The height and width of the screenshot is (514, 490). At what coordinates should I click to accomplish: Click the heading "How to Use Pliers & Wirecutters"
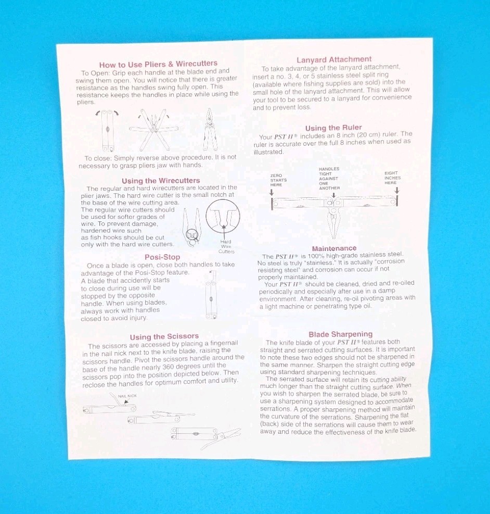[x=159, y=64]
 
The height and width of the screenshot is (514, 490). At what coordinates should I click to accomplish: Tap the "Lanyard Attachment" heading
[x=334, y=60]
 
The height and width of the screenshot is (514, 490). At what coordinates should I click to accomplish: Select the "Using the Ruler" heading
[x=333, y=128]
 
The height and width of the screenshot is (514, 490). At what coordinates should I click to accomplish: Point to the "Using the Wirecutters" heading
[x=161, y=181]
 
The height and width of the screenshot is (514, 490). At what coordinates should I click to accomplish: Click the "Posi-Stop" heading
[x=162, y=257]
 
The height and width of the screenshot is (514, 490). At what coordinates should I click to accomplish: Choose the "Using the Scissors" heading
[x=164, y=336]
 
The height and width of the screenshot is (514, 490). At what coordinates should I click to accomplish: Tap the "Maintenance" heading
[x=334, y=248]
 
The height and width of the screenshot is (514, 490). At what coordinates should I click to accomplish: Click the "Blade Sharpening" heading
[x=340, y=334]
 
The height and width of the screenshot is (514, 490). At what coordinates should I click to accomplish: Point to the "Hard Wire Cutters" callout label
[x=226, y=246]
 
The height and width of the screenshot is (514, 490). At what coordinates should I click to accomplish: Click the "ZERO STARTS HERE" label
[x=278, y=180]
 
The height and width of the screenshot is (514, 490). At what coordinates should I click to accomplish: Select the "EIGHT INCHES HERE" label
[x=392, y=178]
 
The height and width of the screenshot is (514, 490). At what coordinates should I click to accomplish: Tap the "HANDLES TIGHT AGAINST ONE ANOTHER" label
[x=329, y=179]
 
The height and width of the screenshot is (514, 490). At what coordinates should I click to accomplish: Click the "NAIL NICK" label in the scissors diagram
[x=127, y=396]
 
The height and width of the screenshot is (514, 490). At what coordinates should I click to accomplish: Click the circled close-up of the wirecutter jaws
[x=223, y=216]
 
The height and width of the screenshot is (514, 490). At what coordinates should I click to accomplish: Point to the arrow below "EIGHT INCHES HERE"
[x=397, y=191]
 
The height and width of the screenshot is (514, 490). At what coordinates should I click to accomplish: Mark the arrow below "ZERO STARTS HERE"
[x=272, y=192]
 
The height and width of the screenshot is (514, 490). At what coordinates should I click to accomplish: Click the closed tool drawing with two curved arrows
[x=107, y=131]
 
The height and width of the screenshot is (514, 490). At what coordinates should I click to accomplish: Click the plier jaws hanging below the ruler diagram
[x=333, y=223]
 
